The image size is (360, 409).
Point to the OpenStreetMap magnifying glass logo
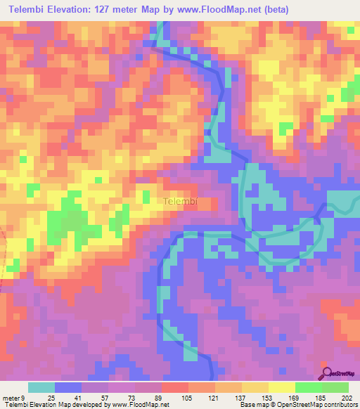(x=327, y=372)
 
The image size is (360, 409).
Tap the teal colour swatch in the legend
(x=41, y=387)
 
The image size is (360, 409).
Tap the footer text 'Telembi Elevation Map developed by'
(x=49, y=405)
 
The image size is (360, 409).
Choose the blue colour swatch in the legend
(x=68, y=387)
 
